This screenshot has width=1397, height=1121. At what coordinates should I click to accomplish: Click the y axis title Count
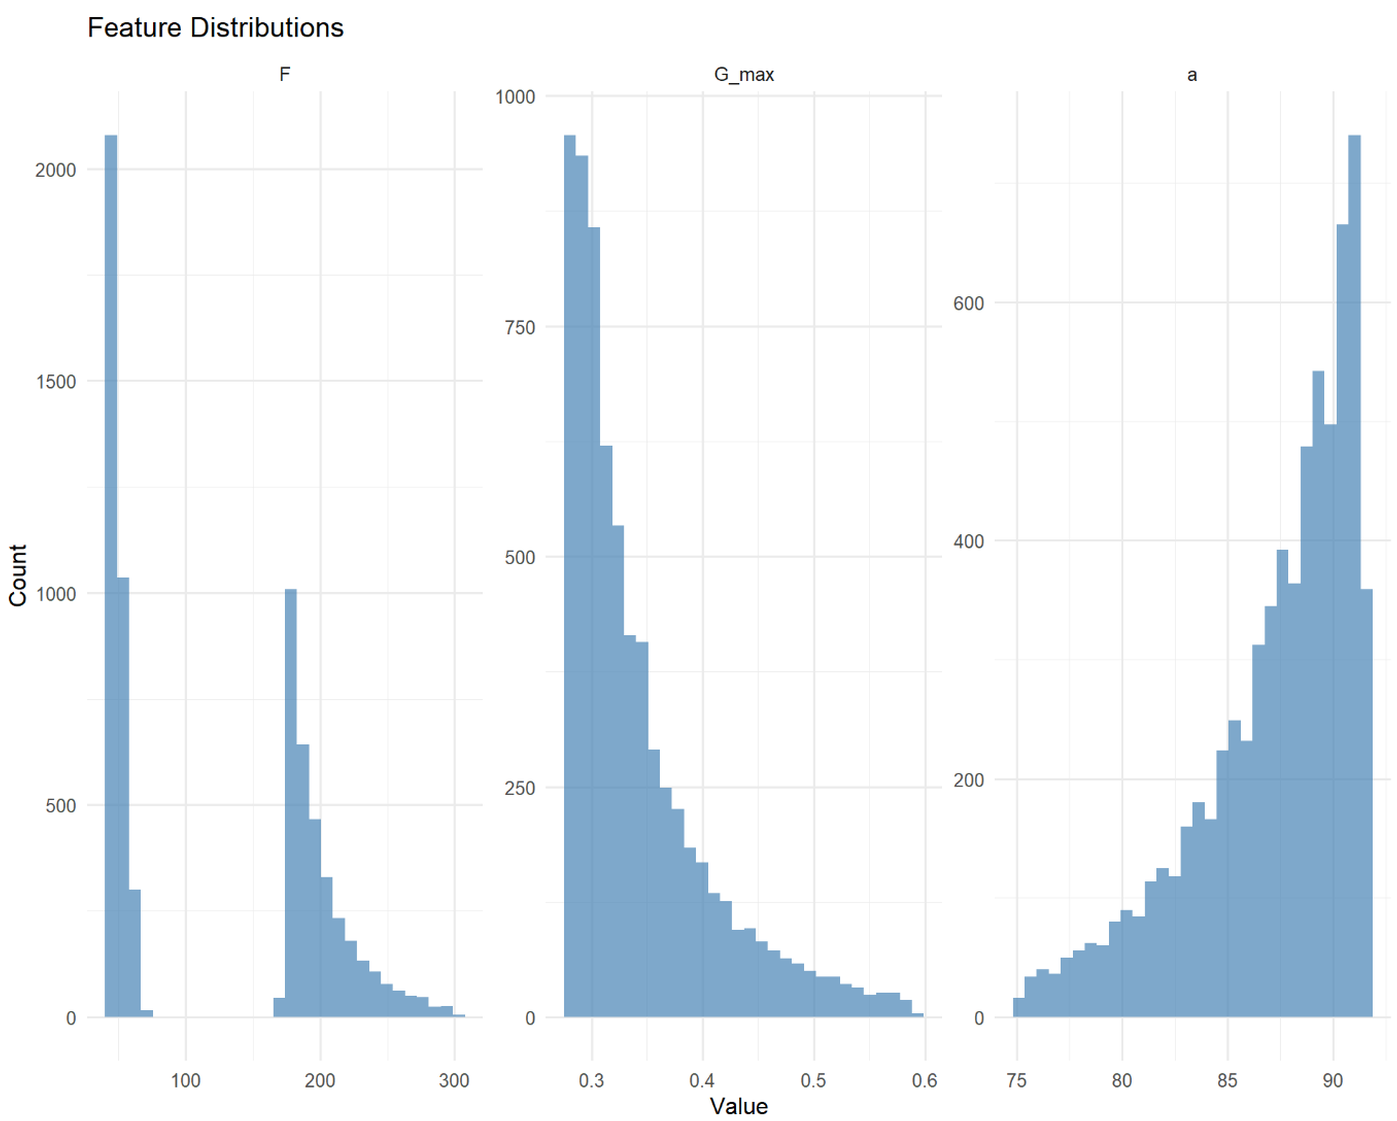(x=18, y=575)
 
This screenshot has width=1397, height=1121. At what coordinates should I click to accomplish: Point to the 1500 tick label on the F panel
(x=56, y=382)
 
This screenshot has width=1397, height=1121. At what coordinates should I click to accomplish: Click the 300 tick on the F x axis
(x=454, y=1080)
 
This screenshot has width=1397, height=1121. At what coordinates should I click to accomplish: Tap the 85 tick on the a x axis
(x=1227, y=1080)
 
